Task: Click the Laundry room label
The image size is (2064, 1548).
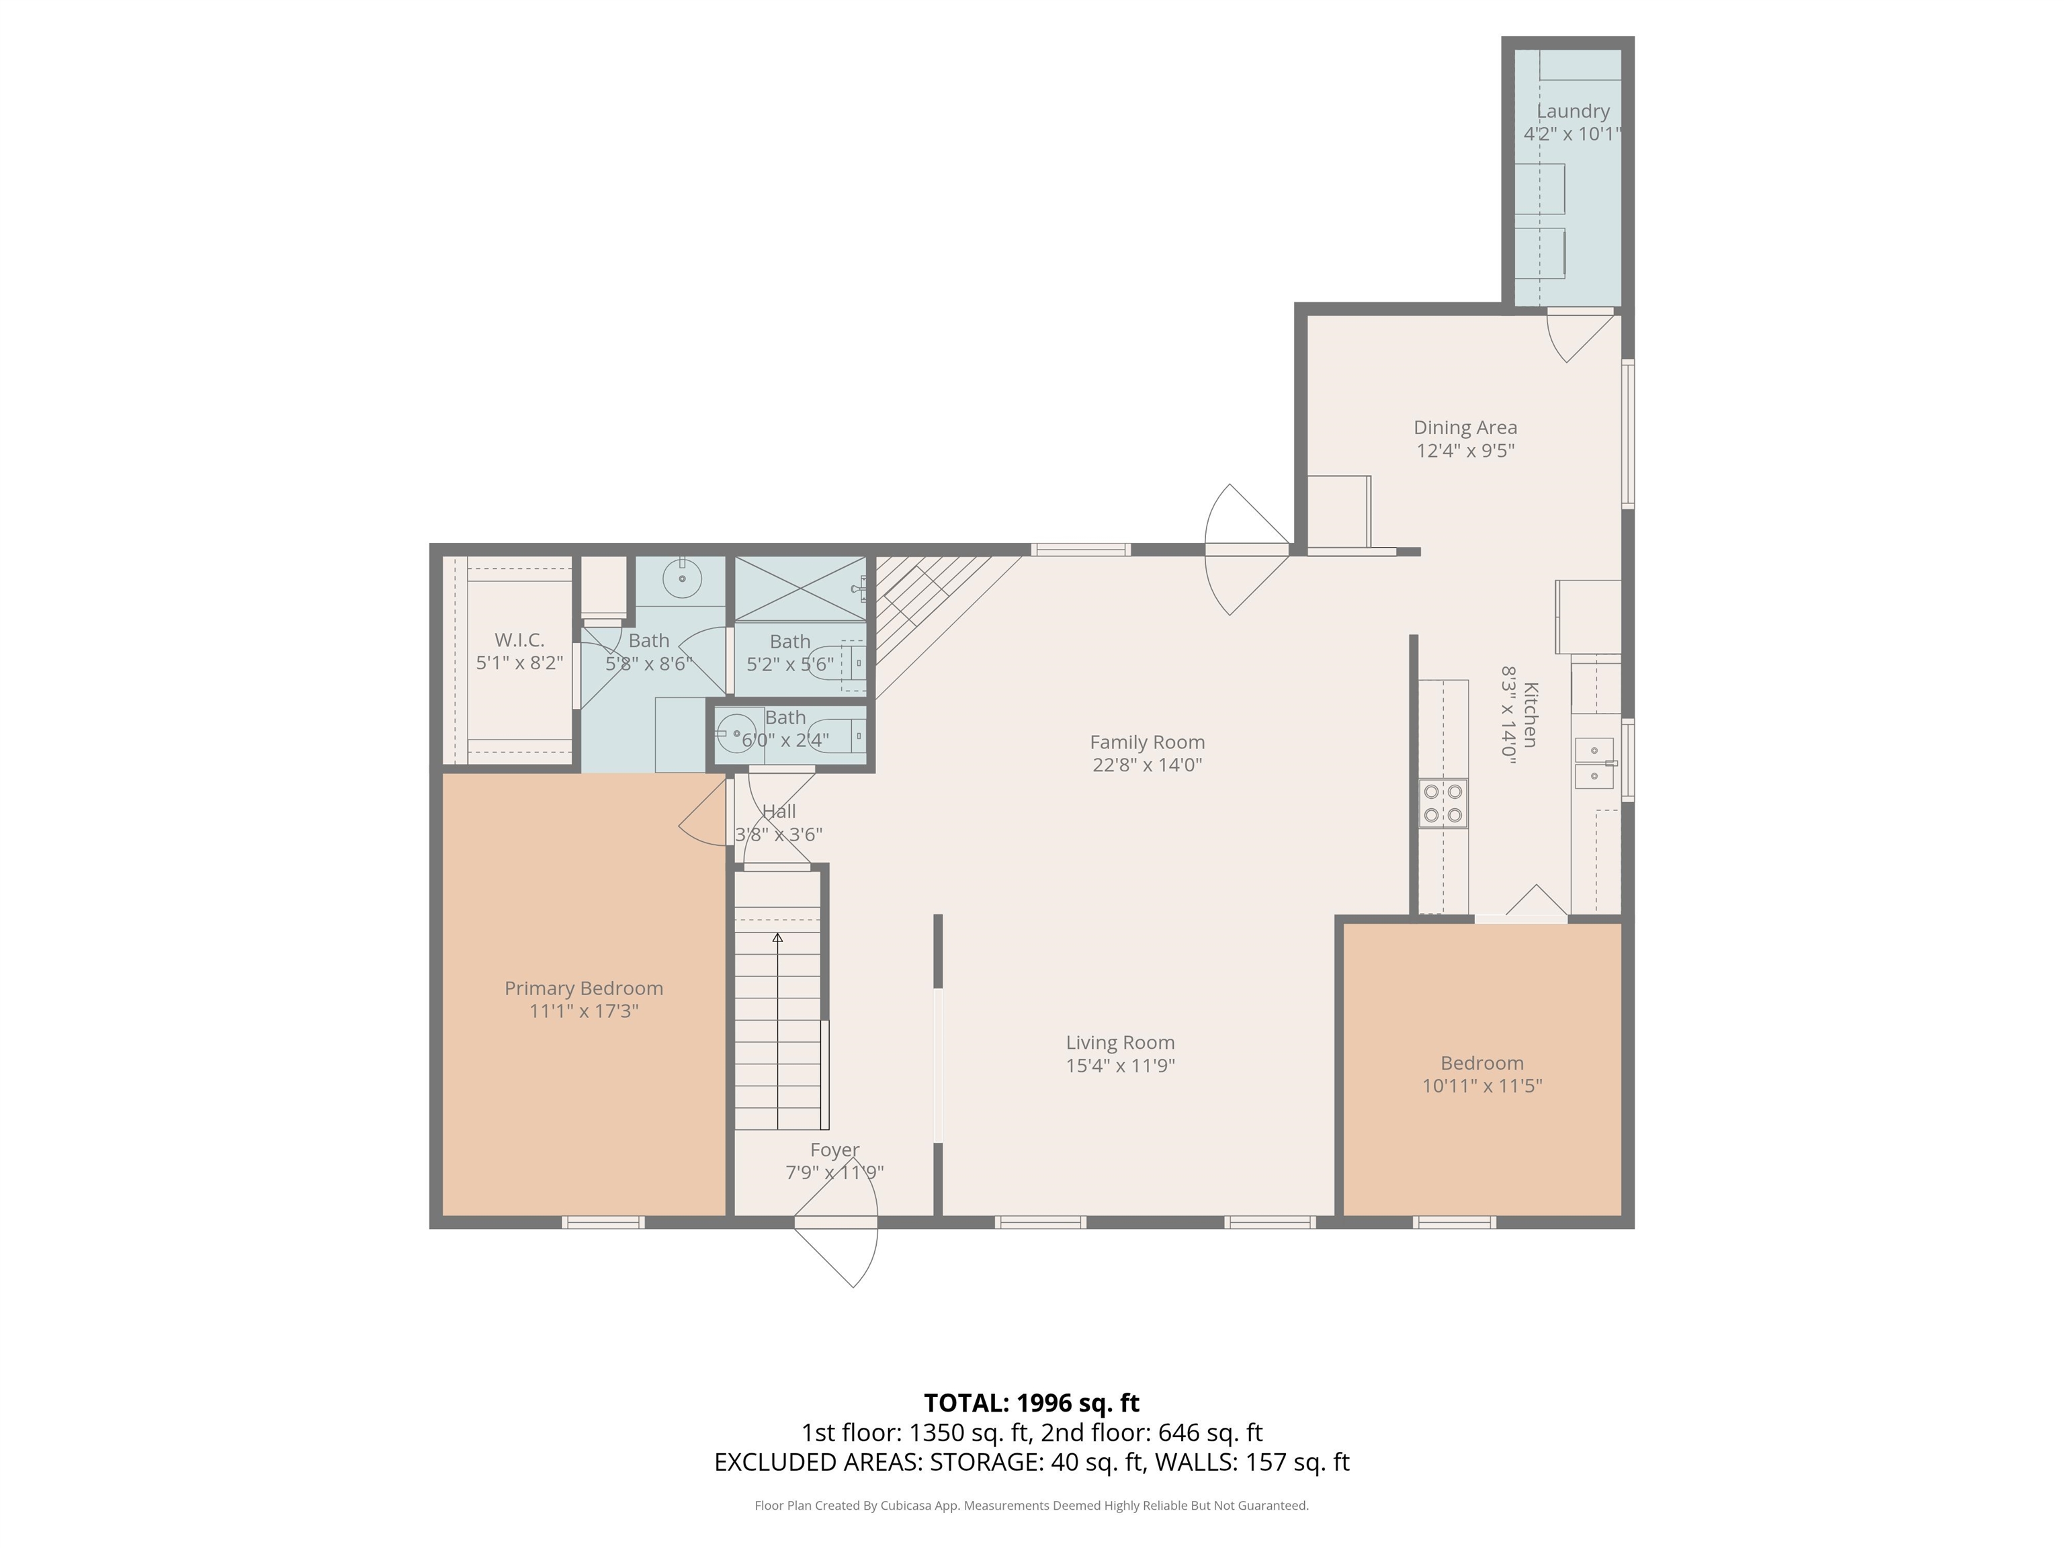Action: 1573,111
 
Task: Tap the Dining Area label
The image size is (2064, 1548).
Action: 1465,427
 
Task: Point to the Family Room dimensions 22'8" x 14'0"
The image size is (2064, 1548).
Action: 1148,765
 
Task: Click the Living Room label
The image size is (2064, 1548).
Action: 1121,1042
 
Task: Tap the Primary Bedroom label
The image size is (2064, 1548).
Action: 584,988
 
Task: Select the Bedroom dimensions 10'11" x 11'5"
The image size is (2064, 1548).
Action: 1483,1086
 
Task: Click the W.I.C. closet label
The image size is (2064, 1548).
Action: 520,640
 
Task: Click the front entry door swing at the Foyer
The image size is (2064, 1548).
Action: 836,1250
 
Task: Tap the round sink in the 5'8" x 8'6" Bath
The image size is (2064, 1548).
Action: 682,578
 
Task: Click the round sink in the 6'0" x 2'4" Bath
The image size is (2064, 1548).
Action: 737,734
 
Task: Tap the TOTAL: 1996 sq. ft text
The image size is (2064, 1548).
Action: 1032,1402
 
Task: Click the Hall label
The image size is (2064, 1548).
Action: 779,811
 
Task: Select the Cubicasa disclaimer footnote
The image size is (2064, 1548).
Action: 1032,1505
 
